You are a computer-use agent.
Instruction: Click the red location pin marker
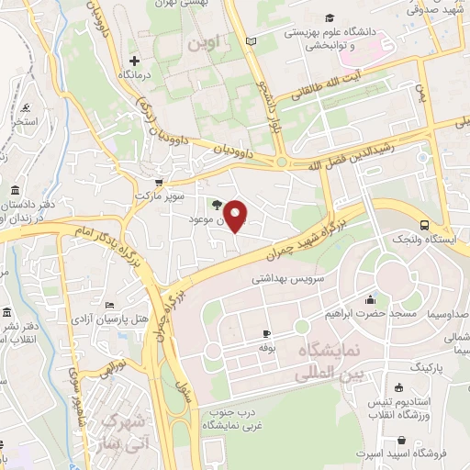point(237,216)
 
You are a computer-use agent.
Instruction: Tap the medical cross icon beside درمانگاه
point(134,60)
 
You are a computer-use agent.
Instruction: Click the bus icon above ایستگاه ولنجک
point(424,225)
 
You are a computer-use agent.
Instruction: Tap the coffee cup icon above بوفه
point(266,333)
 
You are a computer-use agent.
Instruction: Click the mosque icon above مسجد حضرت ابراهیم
point(369,299)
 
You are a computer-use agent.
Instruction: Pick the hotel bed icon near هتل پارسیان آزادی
point(110,305)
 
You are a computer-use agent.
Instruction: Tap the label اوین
point(201,42)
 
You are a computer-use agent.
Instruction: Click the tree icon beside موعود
point(216,205)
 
